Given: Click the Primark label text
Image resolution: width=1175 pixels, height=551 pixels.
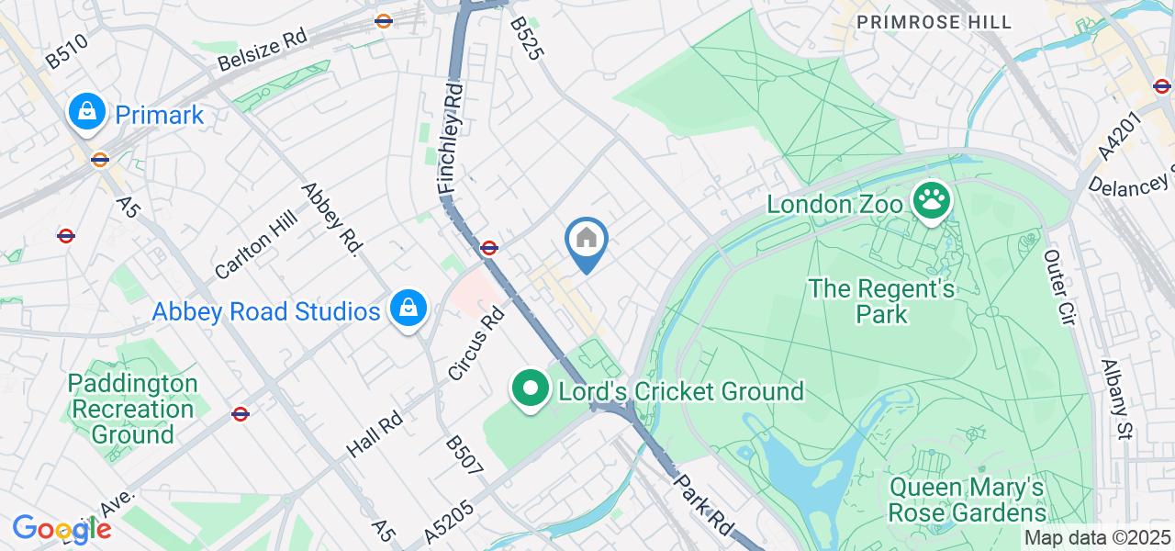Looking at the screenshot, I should click(x=159, y=116).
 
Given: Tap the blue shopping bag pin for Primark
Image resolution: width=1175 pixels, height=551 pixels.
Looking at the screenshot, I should click(x=86, y=113).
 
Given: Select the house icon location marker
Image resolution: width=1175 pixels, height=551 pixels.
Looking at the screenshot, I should click(x=586, y=242).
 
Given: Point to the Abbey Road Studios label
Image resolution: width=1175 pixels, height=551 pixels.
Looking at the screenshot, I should click(x=265, y=311).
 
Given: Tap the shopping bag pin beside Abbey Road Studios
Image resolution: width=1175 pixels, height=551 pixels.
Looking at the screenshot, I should click(x=406, y=309).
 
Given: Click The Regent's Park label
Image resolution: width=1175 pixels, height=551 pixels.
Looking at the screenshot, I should click(x=881, y=301).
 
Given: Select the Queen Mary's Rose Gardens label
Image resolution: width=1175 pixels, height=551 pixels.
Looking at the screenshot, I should click(x=967, y=500).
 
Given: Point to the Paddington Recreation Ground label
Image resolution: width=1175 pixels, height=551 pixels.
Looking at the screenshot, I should click(x=132, y=408).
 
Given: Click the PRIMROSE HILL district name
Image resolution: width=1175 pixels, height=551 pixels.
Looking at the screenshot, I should click(x=933, y=21).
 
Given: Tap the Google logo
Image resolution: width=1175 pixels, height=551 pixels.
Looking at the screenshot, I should click(x=62, y=529).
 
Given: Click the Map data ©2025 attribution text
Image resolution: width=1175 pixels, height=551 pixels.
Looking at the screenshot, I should click(x=1098, y=538).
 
